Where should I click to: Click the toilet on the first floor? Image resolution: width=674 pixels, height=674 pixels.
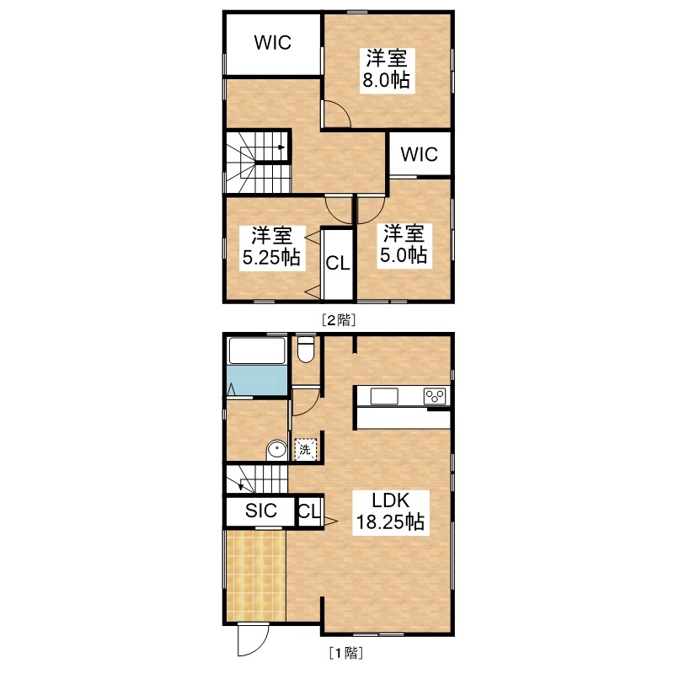point(306,349)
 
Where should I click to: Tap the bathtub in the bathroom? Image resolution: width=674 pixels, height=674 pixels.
point(257,351)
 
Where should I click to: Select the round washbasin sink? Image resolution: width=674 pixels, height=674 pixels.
point(277,450)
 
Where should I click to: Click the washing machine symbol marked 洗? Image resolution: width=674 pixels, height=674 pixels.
point(305,450)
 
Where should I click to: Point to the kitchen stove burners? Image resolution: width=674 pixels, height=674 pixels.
point(435,396)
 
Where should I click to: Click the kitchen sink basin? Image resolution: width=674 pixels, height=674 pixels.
point(384,396)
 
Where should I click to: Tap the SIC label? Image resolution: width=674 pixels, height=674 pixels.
point(261,511)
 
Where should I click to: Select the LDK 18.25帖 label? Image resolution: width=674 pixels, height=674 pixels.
point(391,512)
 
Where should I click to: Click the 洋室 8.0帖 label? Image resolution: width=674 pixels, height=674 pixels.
point(387,69)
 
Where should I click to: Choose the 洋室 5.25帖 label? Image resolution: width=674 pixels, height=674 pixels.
point(271,246)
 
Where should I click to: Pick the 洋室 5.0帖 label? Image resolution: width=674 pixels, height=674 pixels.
point(404,243)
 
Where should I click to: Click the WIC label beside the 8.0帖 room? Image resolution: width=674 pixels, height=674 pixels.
point(272,43)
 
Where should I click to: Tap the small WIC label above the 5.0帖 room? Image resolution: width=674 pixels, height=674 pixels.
point(419,154)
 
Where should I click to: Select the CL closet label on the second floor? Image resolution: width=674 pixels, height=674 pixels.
point(338,263)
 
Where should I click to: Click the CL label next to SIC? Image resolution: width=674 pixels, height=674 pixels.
point(309,511)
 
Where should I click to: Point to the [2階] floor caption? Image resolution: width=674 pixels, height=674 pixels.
point(339,320)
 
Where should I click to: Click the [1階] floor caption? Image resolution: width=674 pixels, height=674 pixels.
point(346,653)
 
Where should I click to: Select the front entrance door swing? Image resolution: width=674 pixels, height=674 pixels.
point(253,640)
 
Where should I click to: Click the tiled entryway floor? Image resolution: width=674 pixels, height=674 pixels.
point(256,575)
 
